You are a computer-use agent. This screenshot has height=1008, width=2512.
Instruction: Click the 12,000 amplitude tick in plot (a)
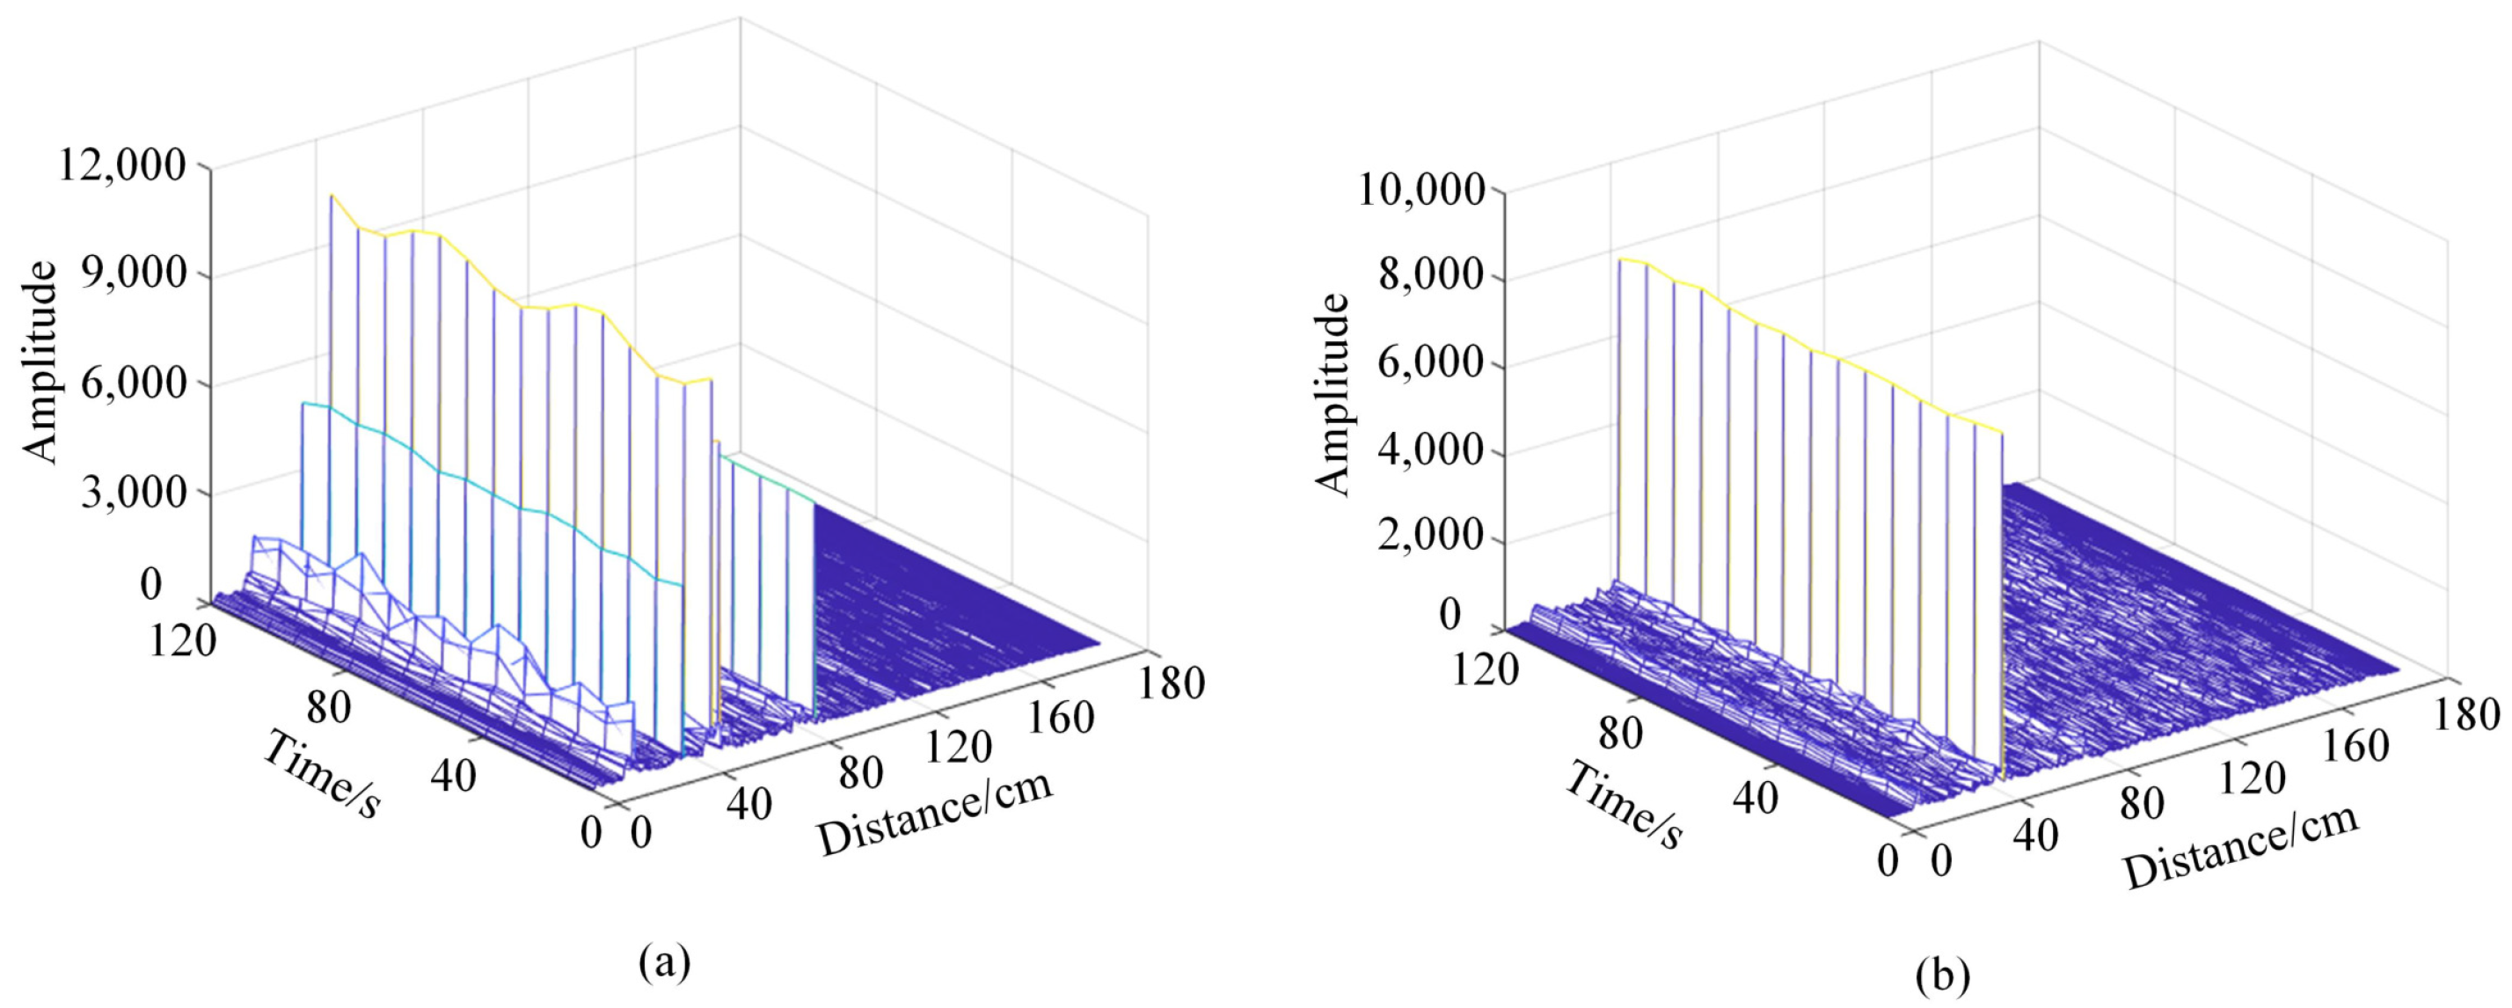122,165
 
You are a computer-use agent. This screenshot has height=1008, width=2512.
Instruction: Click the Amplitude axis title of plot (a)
41,361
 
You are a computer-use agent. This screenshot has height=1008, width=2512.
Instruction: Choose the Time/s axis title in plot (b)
1624,805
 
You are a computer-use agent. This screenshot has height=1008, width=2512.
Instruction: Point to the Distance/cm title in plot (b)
2241,846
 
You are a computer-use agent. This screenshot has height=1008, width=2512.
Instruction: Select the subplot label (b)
1943,975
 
